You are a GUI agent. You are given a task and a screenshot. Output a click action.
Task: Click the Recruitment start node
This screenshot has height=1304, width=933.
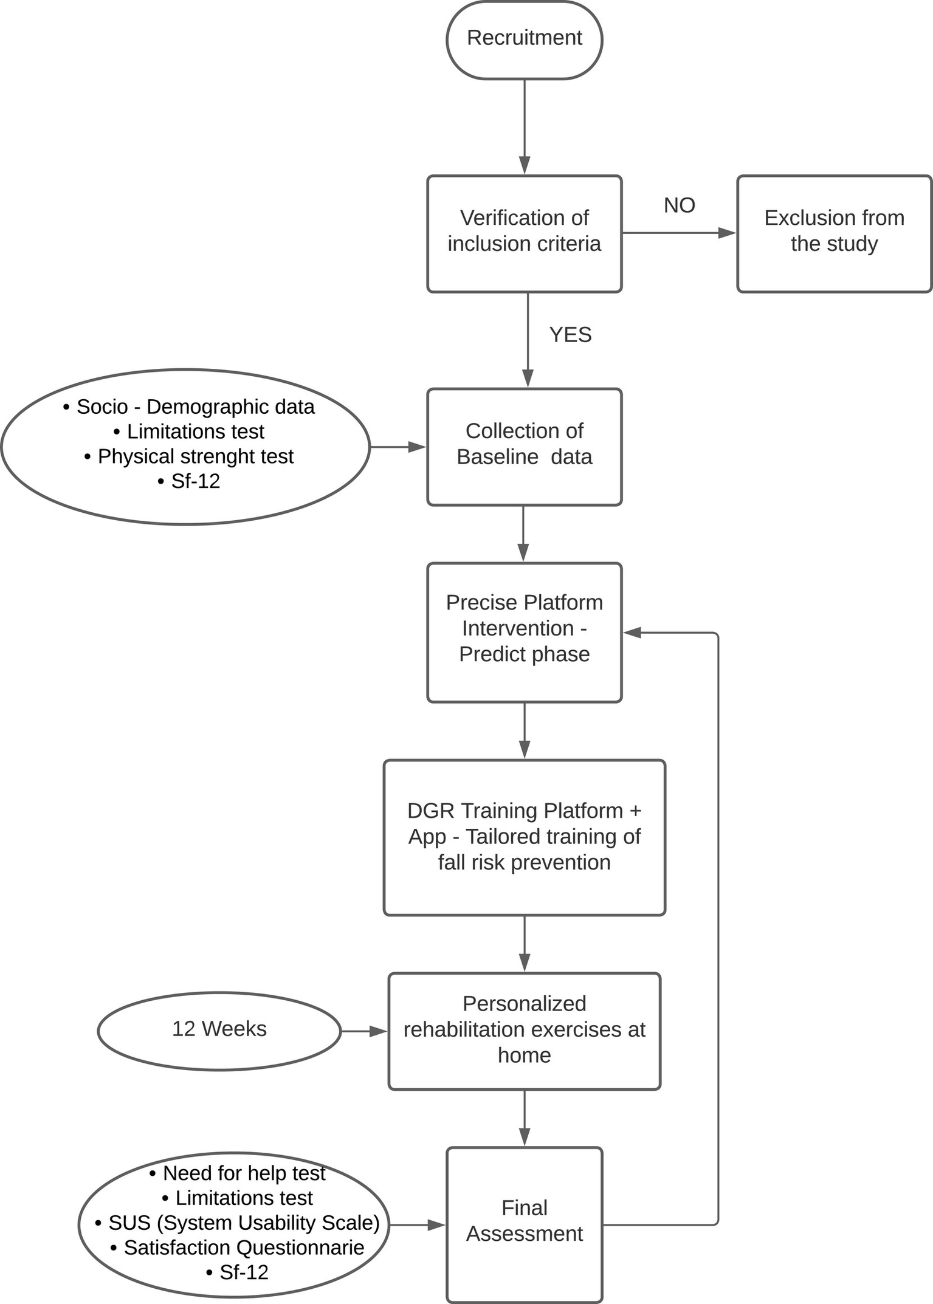point(524,39)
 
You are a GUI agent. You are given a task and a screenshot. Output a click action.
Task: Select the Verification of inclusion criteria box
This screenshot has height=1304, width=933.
point(524,233)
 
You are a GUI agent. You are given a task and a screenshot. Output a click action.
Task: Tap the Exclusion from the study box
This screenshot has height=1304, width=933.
point(834,233)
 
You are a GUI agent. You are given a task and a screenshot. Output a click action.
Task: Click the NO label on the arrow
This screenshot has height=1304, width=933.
point(679,205)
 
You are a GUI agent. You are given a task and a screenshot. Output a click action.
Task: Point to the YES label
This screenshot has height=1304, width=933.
point(570,335)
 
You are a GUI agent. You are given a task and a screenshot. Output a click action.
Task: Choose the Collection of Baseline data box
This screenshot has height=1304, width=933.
point(524,446)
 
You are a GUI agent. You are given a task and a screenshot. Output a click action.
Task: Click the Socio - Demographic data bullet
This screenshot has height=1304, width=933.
point(189,407)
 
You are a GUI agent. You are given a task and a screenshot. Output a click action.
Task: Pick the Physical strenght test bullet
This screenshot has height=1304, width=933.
point(189,456)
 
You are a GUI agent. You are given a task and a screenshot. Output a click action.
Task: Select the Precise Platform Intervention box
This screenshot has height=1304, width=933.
point(524,632)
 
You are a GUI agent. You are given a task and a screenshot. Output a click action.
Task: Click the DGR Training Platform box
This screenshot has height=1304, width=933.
point(524,837)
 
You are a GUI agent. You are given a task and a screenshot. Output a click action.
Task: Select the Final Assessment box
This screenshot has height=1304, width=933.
point(524,1223)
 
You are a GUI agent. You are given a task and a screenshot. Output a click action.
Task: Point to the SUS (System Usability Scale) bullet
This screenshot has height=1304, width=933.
point(238,1223)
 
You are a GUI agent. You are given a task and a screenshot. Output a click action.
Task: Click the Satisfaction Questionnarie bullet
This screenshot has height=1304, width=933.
point(238,1247)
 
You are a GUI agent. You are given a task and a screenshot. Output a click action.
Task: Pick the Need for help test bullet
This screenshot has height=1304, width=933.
point(238,1173)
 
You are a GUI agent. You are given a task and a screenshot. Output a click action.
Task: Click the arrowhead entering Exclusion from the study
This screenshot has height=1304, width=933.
point(727,233)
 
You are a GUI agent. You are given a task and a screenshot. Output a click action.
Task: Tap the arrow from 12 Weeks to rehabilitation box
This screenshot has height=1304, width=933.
point(363,1031)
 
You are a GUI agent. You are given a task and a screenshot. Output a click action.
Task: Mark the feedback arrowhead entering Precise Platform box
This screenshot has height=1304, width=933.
point(633,633)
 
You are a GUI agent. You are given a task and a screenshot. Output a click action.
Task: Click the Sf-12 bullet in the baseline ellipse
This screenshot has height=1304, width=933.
point(189,481)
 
